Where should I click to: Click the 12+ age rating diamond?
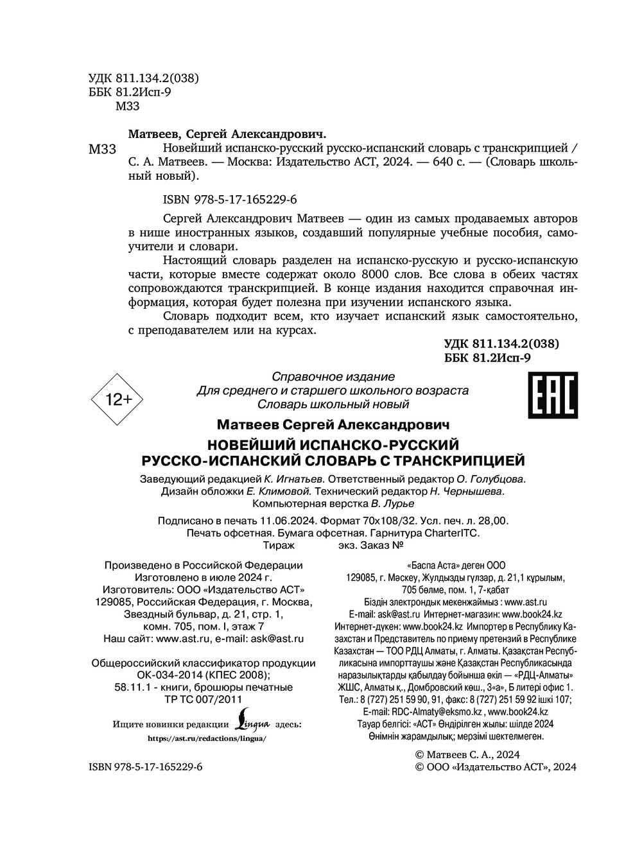[x=117, y=399]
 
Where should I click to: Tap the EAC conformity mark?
[x=551, y=395]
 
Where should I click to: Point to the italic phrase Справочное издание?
[x=334, y=377]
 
